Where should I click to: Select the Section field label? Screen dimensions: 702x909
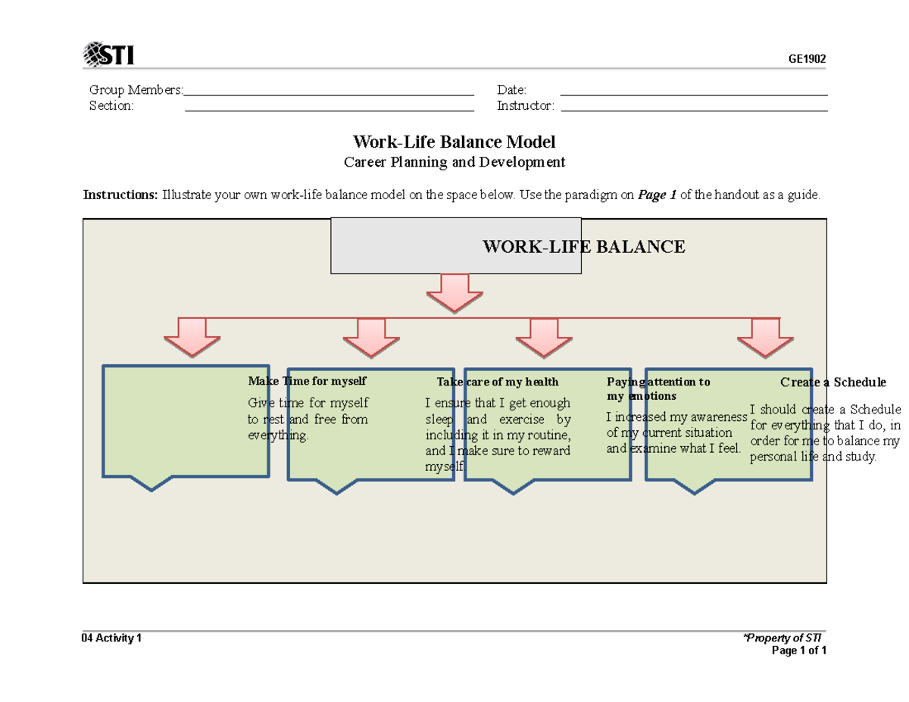[x=111, y=106]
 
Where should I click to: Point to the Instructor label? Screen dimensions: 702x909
[x=526, y=106]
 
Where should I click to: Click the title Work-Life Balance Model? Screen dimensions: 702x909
[x=454, y=142]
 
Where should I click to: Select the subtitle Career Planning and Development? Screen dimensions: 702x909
[x=454, y=162]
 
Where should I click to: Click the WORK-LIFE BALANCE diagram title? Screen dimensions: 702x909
[x=584, y=246]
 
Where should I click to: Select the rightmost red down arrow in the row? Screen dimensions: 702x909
[x=765, y=336]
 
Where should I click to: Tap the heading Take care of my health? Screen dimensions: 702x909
[x=497, y=382]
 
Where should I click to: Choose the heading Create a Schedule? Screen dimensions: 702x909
[x=833, y=382]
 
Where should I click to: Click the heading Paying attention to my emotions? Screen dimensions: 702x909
[x=658, y=388]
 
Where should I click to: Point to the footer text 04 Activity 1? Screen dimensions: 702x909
[x=111, y=638]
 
